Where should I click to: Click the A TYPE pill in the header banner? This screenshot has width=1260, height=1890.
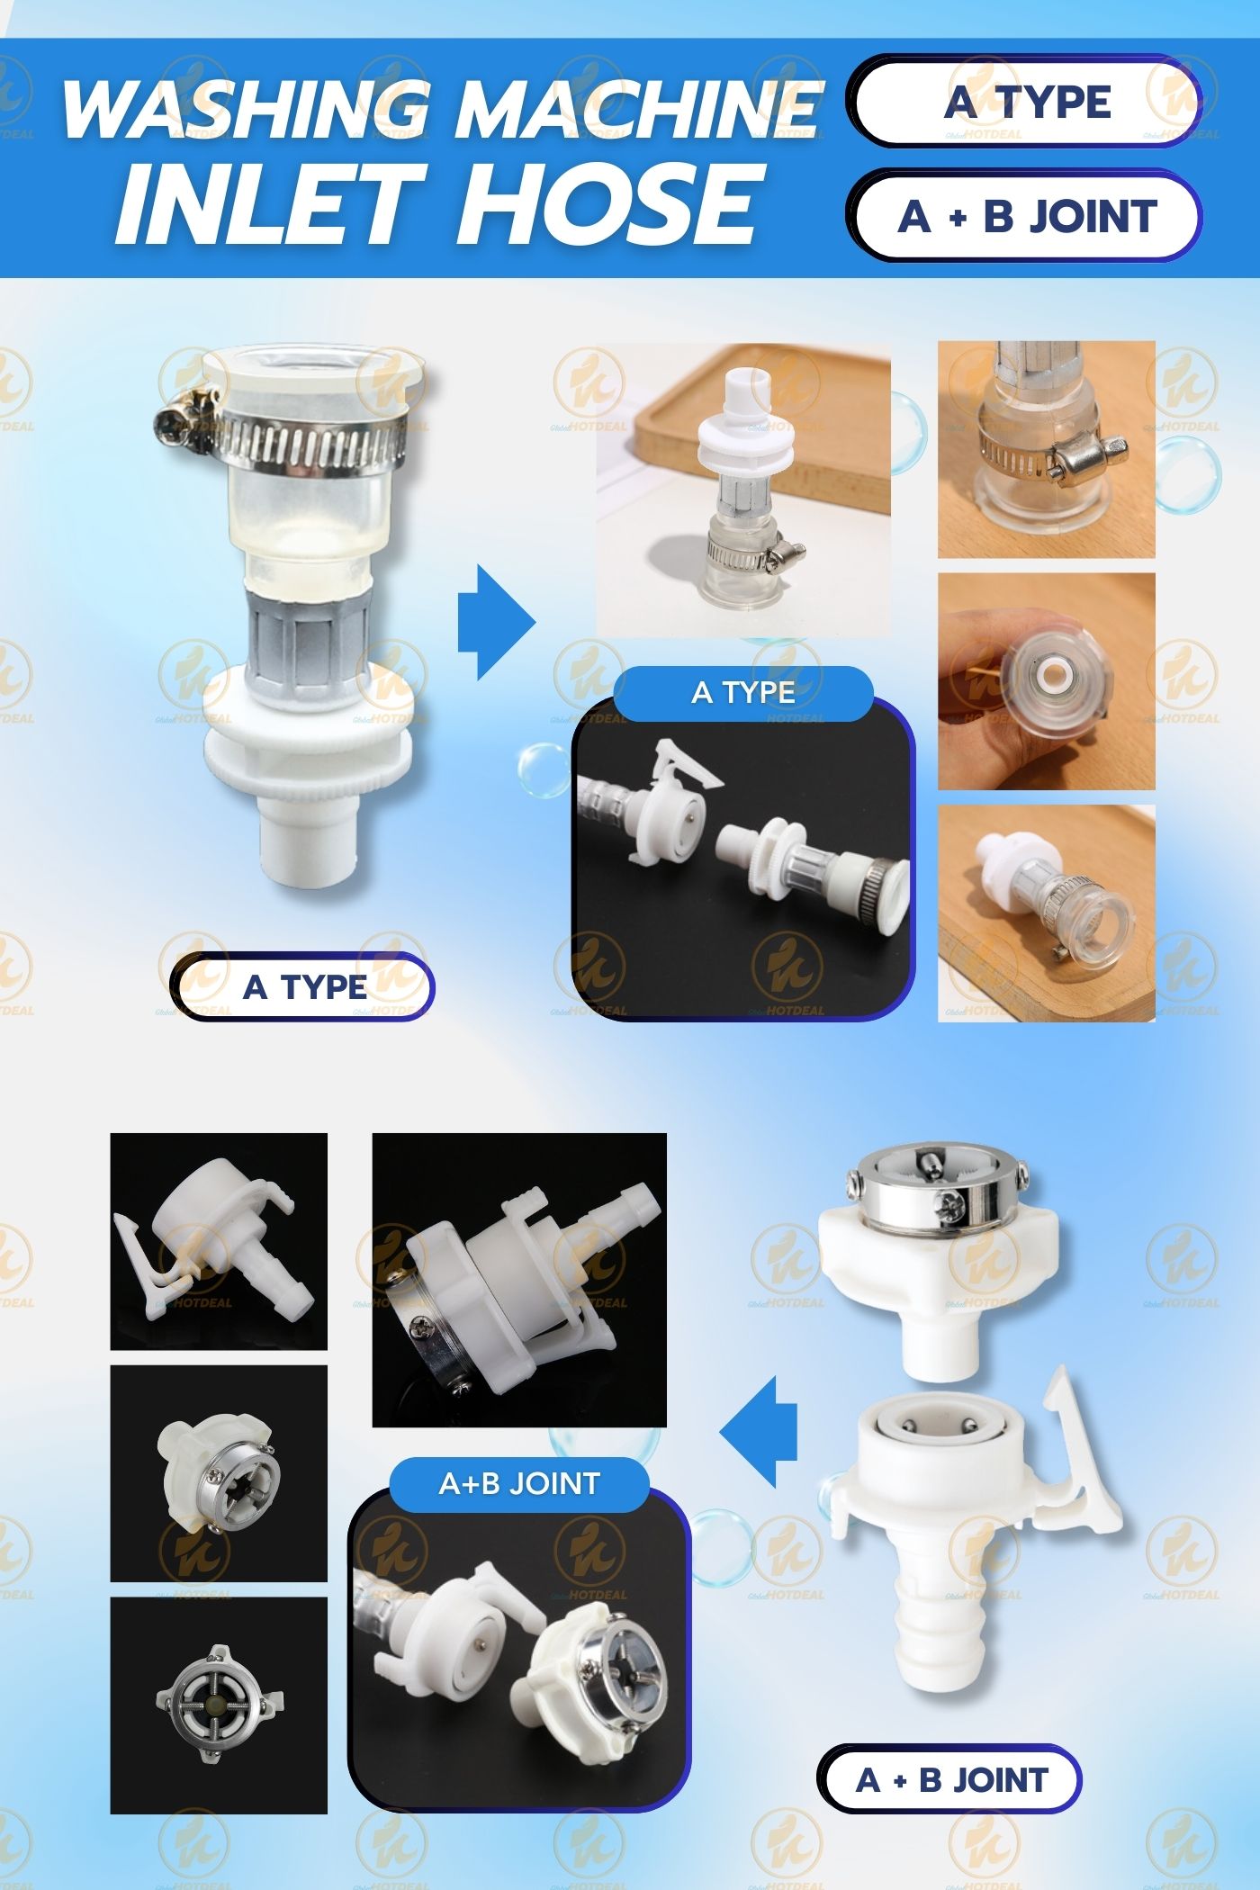coord(1027,102)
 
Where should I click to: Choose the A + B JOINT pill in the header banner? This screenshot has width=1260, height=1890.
coord(1026,217)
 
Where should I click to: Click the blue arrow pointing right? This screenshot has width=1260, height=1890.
coord(495,622)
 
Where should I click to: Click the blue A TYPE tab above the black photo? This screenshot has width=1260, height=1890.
coord(743,693)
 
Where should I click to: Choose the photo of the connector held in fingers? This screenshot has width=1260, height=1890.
coord(1046,681)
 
